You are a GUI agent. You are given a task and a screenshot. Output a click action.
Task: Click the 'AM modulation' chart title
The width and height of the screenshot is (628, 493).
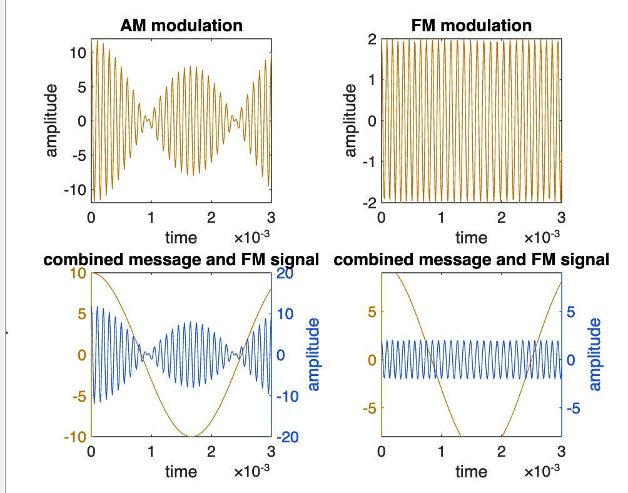181,26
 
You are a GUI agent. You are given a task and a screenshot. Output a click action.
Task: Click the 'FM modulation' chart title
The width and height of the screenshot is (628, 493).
472,26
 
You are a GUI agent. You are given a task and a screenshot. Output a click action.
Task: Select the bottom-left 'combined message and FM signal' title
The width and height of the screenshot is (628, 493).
181,260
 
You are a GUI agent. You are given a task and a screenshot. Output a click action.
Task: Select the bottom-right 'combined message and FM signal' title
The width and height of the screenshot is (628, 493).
472,260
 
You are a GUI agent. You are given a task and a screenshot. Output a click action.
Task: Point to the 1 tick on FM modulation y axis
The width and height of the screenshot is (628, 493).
373,80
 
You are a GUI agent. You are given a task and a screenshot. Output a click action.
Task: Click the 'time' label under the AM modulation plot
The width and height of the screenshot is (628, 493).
181,237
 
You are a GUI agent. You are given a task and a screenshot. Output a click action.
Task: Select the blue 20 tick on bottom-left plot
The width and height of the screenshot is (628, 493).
285,273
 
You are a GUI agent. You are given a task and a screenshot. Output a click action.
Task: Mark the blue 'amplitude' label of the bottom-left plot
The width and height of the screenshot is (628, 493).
314,355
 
